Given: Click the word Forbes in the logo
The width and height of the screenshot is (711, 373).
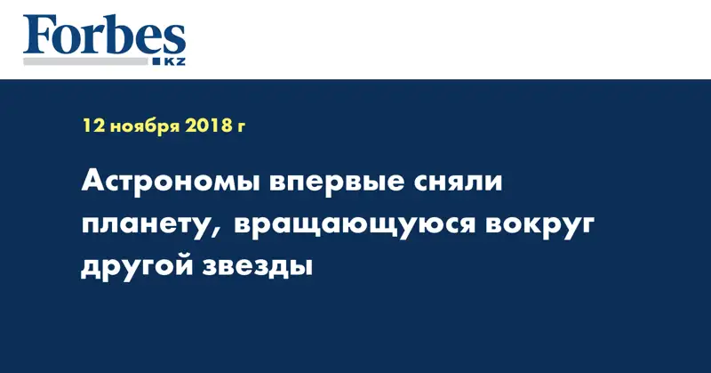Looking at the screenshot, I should click(x=104, y=37).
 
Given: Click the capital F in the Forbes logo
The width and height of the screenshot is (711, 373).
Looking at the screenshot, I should click(x=38, y=37).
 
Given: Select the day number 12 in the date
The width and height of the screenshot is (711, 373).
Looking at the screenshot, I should click(x=92, y=127).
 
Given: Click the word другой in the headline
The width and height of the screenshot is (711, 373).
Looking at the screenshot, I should click(x=134, y=268).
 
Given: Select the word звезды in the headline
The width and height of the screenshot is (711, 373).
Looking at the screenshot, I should click(x=255, y=268).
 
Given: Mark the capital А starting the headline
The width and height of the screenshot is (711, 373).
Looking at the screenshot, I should click(x=92, y=183).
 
